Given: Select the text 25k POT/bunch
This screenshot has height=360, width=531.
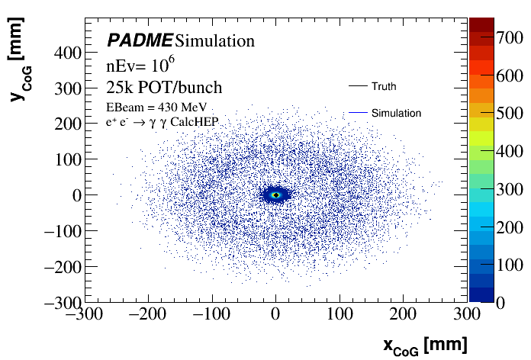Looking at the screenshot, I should [163, 87].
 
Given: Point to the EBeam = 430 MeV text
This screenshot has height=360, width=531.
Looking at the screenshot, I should [156, 107].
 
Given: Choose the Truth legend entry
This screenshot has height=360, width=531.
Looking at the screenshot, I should [384, 86].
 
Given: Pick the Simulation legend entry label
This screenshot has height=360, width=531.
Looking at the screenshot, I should [396, 113].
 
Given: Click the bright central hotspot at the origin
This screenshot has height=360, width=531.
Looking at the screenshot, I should [276, 194].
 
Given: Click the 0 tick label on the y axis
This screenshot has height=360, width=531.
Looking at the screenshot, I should [76, 195].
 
